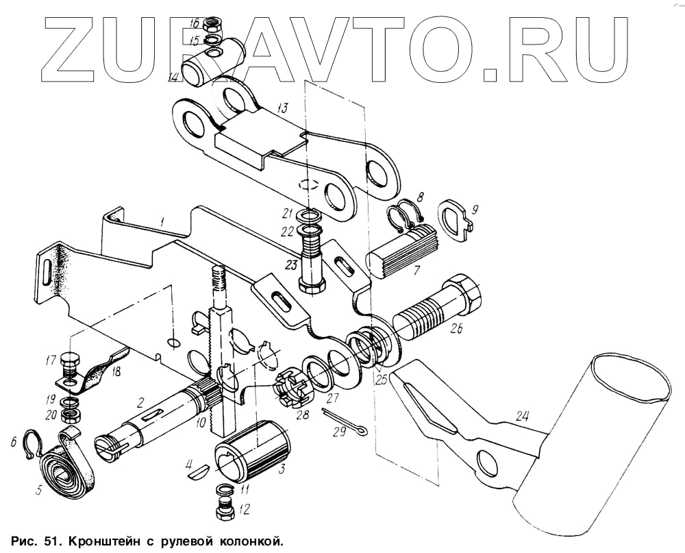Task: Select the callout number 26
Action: click(x=457, y=328)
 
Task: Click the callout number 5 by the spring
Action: click(x=40, y=491)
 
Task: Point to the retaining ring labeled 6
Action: click(x=29, y=443)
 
